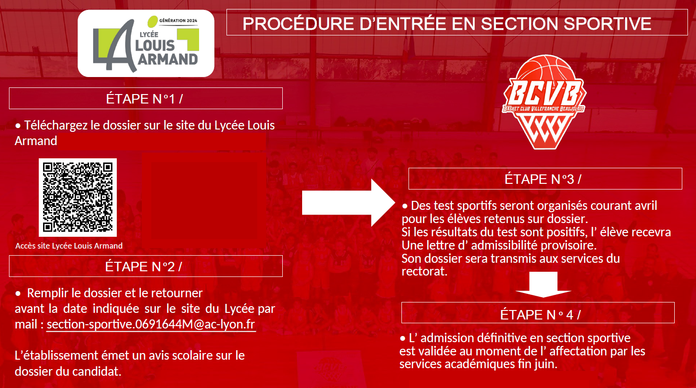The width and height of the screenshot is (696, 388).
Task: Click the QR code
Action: (78, 197)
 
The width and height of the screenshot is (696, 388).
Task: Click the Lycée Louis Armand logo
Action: (146, 43)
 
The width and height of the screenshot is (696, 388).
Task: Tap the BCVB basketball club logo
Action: (544, 102)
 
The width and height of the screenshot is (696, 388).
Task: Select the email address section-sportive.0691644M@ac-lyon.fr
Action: (151, 324)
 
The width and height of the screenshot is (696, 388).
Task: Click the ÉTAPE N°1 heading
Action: (145, 99)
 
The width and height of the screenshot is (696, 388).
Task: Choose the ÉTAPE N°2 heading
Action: (144, 267)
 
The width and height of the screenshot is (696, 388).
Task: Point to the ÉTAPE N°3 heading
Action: (543, 179)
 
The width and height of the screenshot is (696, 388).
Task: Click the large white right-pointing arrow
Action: (348, 203)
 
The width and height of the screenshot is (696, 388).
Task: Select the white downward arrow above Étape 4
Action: (543, 285)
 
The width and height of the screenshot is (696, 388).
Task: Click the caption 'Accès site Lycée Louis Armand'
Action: (69, 246)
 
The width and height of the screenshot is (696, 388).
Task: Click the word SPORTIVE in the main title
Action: (608, 24)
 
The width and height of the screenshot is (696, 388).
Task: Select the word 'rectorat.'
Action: (425, 271)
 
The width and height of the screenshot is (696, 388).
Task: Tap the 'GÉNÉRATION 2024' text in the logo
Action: (178, 20)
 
